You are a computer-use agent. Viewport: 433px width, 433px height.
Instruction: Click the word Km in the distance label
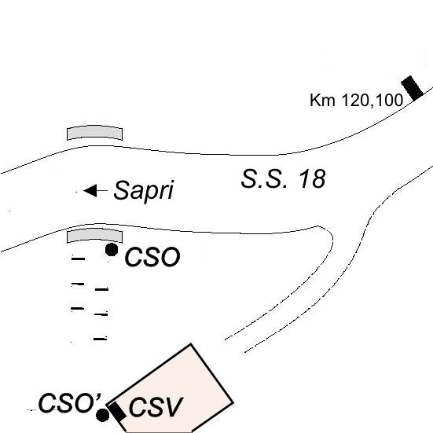coord(322,100)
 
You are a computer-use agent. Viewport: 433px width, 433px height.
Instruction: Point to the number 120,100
coord(372,101)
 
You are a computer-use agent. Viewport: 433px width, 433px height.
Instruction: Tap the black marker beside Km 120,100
coord(412,88)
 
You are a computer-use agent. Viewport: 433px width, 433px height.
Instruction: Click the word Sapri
coord(144,190)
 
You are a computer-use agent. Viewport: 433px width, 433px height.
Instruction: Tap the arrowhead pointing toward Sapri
coord(90,190)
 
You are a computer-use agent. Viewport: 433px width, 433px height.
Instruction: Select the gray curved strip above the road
coord(94,132)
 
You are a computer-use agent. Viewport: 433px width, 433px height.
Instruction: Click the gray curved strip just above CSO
coord(94,235)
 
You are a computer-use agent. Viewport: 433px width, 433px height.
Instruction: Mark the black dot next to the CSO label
coord(112,250)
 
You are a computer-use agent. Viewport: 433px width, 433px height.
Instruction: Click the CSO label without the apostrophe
coord(152,257)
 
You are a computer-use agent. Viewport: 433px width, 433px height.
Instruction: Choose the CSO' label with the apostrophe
coord(70,403)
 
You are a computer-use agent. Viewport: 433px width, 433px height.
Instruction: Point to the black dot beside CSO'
coord(102,416)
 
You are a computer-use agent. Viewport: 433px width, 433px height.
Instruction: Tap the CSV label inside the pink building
coord(156,407)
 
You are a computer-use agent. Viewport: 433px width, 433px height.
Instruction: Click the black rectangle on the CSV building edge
coord(117,412)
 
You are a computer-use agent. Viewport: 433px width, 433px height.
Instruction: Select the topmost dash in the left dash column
coord(78,259)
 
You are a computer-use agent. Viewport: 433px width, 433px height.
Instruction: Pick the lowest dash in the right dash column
coord(101,339)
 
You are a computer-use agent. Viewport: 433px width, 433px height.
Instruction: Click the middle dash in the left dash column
coord(78,284)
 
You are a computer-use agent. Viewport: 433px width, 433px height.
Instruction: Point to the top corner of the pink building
coord(191,344)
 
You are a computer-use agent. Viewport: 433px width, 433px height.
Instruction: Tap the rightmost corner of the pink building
coord(233,403)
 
